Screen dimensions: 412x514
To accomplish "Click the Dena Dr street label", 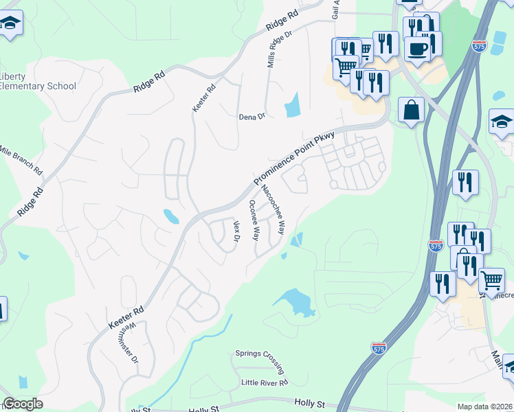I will pyautogui.click(x=252, y=117).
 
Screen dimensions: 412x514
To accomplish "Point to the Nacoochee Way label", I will pyautogui.click(x=272, y=209).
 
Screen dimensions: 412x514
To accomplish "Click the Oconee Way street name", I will pyautogui.click(x=254, y=220).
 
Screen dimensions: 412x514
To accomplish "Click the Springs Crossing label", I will pyautogui.click(x=259, y=354).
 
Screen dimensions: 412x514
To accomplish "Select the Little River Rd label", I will pyautogui.click(x=265, y=382).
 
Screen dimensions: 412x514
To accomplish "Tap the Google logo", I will pyautogui.click(x=23, y=404).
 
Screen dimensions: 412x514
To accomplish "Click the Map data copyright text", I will pyautogui.click(x=484, y=407).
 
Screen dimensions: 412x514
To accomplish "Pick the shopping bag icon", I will pyautogui.click(x=410, y=110).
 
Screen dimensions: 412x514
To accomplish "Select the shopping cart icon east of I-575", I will pyautogui.click(x=491, y=280).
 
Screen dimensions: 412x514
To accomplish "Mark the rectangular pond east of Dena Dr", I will pyautogui.click(x=293, y=104).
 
